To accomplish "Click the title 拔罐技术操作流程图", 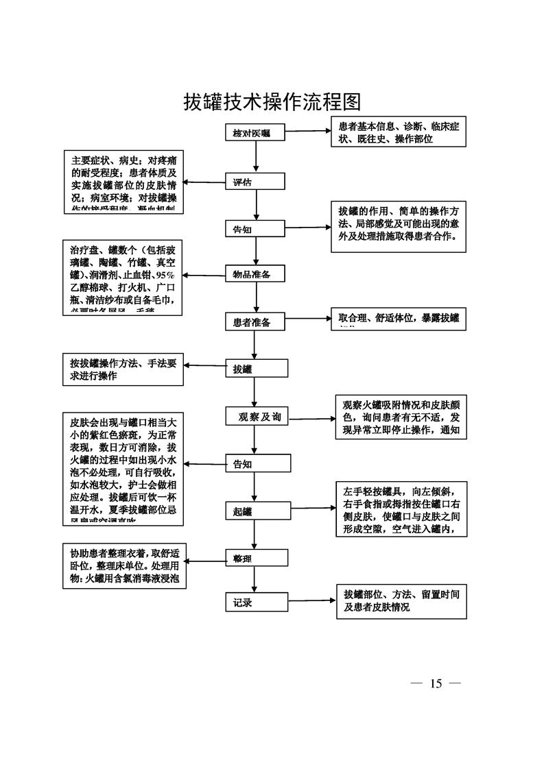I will click(x=272, y=103).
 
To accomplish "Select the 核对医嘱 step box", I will click(x=255, y=134).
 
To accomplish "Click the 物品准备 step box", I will click(x=255, y=274).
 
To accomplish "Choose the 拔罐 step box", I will click(x=255, y=369).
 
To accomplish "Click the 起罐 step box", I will click(x=255, y=511).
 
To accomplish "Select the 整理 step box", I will click(x=255, y=558).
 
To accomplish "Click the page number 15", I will click(x=436, y=683).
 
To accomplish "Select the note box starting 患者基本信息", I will click(x=399, y=133).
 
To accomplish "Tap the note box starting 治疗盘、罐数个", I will click(x=123, y=278).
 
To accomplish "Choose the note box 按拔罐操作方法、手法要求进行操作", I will click(x=123, y=369).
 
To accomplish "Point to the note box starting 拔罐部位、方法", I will click(x=401, y=602).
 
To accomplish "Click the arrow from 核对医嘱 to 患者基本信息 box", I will click(x=307, y=134).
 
